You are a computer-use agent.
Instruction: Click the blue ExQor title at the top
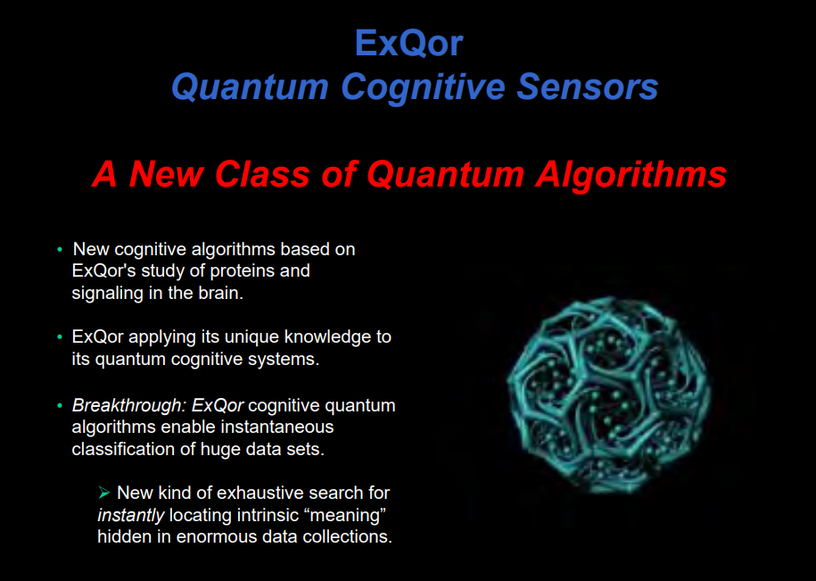pyautogui.click(x=408, y=43)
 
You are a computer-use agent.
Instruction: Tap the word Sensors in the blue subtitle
pyautogui.click(x=588, y=87)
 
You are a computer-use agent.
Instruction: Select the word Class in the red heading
pyautogui.click(x=262, y=174)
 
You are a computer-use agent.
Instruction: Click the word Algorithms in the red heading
pyautogui.click(x=631, y=175)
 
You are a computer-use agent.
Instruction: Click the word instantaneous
pyautogui.click(x=276, y=427)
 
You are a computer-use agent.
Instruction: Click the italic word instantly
pyautogui.click(x=130, y=516)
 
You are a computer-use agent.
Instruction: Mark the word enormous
pyautogui.click(x=209, y=536)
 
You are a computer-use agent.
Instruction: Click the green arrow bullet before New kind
pyautogui.click(x=104, y=492)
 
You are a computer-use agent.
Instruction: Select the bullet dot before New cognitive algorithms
pyautogui.click(x=60, y=250)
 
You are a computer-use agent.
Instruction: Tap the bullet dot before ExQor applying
pyautogui.click(x=60, y=337)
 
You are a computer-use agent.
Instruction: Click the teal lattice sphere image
pyautogui.click(x=609, y=394)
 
